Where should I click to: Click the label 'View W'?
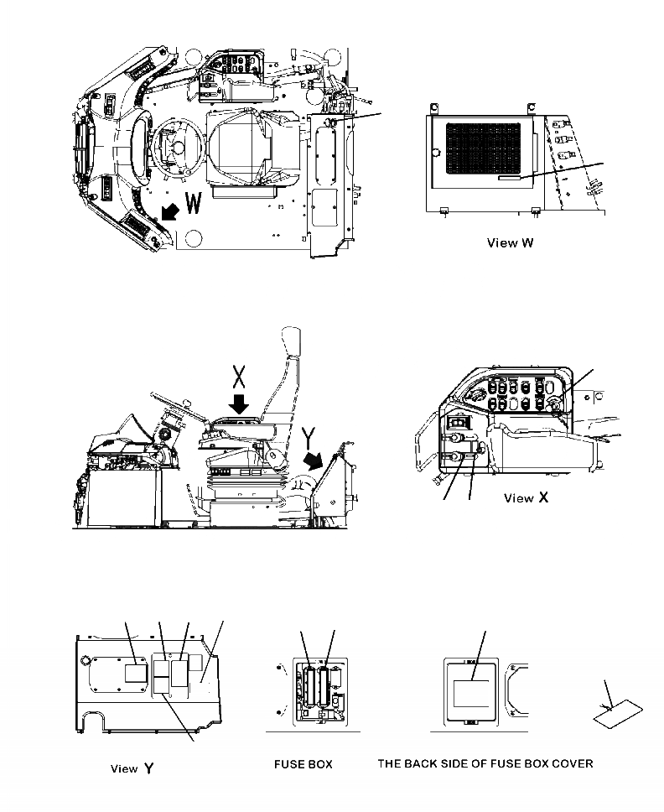(511, 243)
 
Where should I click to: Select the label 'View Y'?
(133, 768)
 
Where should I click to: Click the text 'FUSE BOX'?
(303, 764)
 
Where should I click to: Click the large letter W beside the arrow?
(192, 204)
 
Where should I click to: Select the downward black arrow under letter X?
(239, 404)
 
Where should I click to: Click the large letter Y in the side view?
(308, 436)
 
